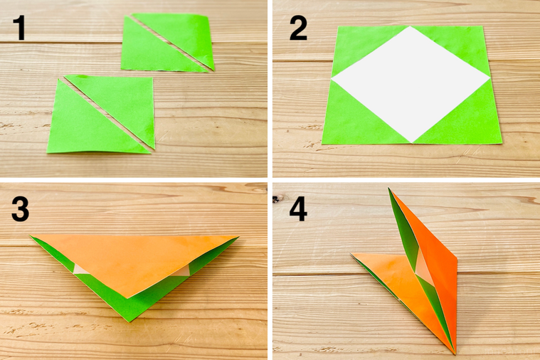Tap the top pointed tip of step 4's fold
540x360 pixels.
(x=390, y=191)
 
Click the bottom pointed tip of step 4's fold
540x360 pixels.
(x=452, y=351)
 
